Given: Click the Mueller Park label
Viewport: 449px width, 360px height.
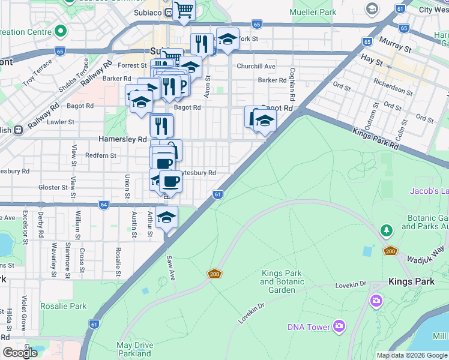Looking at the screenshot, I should click(x=330, y=11).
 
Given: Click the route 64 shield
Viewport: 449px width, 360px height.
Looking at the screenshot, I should click(x=104, y=205).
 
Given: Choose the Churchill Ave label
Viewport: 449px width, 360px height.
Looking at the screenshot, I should click(x=256, y=66).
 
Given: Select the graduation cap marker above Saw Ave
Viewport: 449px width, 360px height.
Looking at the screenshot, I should click(x=167, y=218).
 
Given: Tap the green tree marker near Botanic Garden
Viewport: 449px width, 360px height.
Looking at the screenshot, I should click(x=387, y=230).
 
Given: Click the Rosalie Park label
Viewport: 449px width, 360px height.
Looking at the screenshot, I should click(x=64, y=306).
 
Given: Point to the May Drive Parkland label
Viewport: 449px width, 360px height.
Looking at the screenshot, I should click(x=134, y=349).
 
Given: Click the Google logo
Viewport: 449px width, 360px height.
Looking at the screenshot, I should click(x=20, y=353).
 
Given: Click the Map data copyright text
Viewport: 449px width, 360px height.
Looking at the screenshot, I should click(x=412, y=355).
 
